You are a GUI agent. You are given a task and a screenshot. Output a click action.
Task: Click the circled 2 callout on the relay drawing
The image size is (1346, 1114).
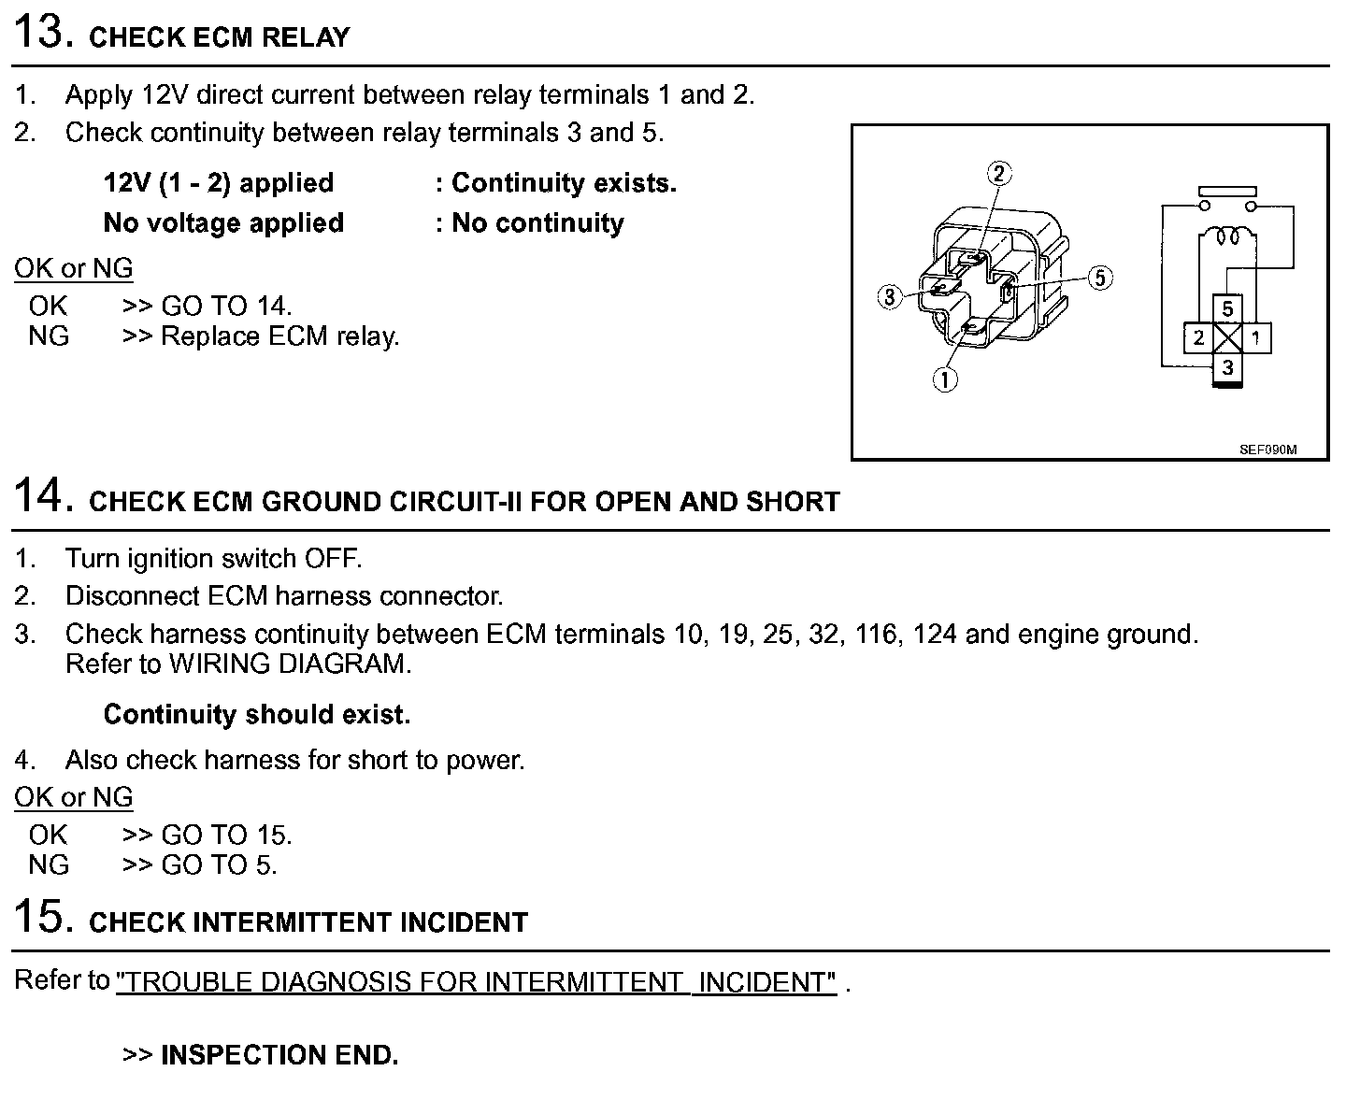pyautogui.click(x=999, y=174)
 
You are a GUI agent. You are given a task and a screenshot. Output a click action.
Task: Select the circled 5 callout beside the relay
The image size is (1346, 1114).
pyautogui.click(x=1101, y=278)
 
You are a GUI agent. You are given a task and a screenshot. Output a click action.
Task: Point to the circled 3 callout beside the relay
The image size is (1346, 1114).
pyautogui.click(x=889, y=297)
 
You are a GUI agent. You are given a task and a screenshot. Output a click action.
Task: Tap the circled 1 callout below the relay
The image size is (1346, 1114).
pyautogui.click(x=946, y=379)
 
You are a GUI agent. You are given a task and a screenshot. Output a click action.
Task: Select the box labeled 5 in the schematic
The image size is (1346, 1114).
pyautogui.click(x=1227, y=308)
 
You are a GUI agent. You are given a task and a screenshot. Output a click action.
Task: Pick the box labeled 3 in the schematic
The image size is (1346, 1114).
pyautogui.click(x=1227, y=367)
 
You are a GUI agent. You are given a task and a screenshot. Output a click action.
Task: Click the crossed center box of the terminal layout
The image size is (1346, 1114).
pyautogui.click(x=1227, y=337)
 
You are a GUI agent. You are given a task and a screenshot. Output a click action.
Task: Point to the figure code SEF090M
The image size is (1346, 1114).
pyautogui.click(x=1267, y=450)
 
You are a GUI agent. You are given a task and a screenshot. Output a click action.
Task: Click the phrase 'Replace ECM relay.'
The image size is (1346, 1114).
pyautogui.click(x=280, y=336)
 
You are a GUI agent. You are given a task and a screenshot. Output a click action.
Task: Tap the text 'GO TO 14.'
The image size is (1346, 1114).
pyautogui.click(x=226, y=306)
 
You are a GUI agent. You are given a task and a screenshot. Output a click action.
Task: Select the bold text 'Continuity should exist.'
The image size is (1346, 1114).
pyautogui.click(x=257, y=715)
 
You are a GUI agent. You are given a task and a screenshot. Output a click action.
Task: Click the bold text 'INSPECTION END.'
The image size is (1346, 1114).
pyautogui.click(x=279, y=1055)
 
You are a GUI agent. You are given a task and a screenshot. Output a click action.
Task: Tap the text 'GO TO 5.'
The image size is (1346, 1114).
pyautogui.click(x=219, y=864)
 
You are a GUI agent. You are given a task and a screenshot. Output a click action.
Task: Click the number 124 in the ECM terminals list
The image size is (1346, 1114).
pyautogui.click(x=935, y=635)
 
